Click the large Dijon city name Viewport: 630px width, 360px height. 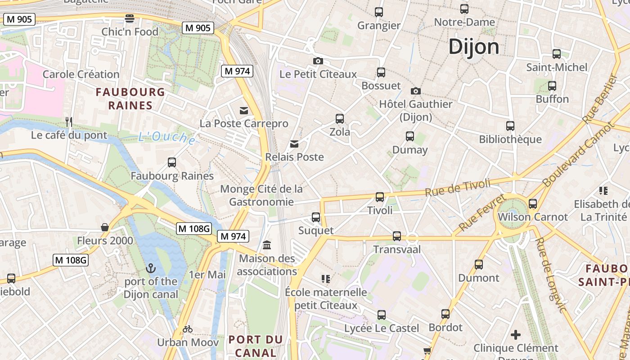(x=474, y=47)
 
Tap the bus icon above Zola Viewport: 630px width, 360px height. (x=340, y=119)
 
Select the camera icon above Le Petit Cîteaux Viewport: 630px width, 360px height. (x=318, y=61)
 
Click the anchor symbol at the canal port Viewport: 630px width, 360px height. (x=151, y=269)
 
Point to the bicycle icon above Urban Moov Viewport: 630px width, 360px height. (x=188, y=329)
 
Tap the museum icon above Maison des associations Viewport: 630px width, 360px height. (x=267, y=245)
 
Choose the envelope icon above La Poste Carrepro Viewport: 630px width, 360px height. (x=244, y=110)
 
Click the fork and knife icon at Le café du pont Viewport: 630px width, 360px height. (x=69, y=122)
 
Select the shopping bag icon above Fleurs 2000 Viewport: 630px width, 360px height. (x=105, y=227)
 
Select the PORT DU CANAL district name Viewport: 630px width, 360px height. (x=255, y=346)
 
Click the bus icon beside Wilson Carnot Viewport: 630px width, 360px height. (x=533, y=204)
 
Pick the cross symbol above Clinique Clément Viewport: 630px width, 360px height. (x=516, y=335)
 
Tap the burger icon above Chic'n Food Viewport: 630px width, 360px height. (x=130, y=18)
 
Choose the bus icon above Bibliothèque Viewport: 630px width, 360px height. (x=510, y=126)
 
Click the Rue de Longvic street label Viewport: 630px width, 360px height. (x=549, y=274)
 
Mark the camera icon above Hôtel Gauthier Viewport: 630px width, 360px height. (x=416, y=91)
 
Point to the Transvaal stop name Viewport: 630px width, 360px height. (x=397, y=249)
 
